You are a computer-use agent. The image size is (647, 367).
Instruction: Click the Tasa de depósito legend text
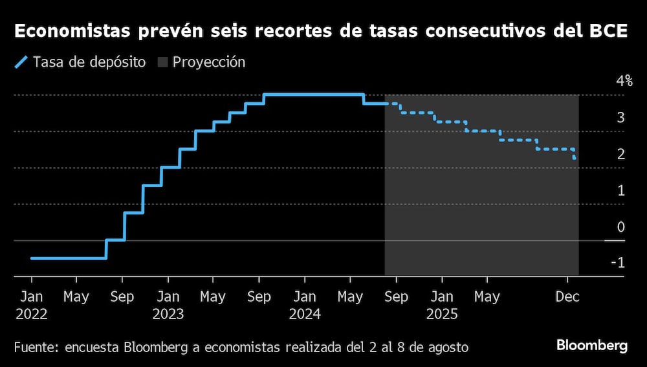coord(89,63)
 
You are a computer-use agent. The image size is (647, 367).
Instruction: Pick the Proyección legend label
coord(208,63)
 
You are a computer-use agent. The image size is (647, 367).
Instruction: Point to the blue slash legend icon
coord(21,63)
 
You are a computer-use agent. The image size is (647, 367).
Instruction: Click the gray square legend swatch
coord(162,63)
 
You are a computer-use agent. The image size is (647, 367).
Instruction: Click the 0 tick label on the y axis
coord(620,227)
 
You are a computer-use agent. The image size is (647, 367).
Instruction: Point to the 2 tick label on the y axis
coord(620,154)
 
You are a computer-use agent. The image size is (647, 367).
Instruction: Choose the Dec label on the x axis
coord(567,297)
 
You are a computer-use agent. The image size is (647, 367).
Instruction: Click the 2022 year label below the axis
coord(31,315)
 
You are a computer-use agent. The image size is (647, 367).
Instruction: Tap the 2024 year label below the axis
coord(304,315)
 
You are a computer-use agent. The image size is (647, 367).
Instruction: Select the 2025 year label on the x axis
coord(442,315)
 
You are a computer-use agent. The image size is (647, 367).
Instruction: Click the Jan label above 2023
coord(168,297)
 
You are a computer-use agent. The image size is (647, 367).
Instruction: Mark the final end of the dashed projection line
coord(576,159)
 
